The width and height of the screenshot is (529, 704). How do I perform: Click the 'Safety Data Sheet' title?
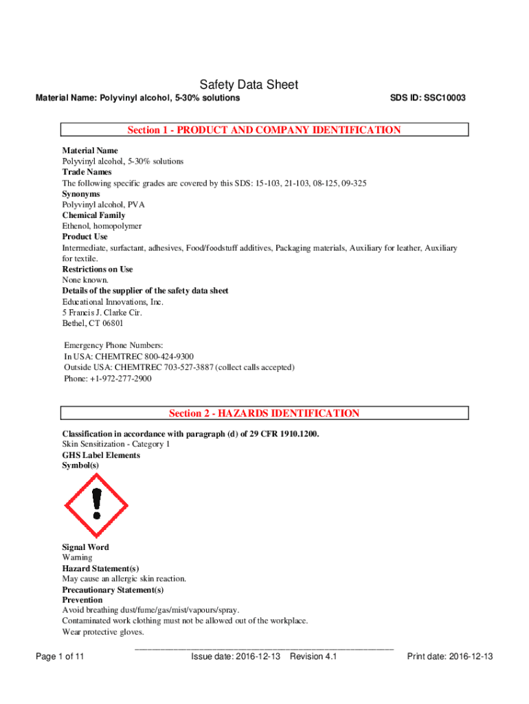(249, 85)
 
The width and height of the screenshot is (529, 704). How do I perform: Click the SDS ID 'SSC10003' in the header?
(444, 98)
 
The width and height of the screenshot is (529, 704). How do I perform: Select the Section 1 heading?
(264, 130)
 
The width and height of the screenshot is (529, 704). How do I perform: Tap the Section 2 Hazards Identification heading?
(264, 413)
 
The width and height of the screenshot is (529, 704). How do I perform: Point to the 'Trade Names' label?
(87, 172)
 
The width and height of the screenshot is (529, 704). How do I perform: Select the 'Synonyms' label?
(81, 194)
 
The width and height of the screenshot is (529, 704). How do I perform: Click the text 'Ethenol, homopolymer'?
(102, 225)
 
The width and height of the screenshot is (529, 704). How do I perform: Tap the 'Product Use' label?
(85, 236)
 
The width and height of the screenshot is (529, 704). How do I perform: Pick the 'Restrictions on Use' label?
(98, 269)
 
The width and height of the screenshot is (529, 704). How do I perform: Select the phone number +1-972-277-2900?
(120, 379)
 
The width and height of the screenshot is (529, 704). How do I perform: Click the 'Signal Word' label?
(85, 547)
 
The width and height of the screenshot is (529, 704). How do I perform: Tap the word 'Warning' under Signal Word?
(77, 558)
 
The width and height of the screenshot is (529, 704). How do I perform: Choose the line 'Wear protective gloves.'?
(102, 632)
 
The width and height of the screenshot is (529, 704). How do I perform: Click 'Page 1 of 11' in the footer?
(60, 657)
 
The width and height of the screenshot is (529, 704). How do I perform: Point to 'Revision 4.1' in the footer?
(313, 657)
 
